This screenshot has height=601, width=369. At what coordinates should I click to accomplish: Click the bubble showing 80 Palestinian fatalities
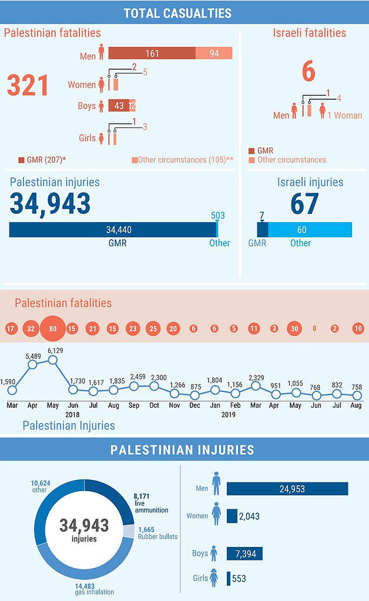(x=52, y=329)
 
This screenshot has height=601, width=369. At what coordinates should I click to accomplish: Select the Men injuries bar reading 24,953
(x=287, y=489)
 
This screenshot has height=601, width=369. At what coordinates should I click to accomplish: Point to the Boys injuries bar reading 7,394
(x=244, y=553)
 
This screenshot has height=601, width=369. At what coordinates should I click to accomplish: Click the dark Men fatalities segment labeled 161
(x=152, y=53)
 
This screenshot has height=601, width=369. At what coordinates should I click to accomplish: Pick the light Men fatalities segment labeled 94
(x=214, y=53)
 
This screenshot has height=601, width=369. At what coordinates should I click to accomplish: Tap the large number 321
(x=28, y=85)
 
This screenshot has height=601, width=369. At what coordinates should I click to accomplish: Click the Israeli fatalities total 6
(x=308, y=72)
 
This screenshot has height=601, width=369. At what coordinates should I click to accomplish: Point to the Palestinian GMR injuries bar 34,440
(x=113, y=230)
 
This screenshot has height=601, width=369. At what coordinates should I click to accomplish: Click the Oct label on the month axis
(x=154, y=405)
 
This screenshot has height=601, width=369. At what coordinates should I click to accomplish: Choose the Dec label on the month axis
(x=194, y=405)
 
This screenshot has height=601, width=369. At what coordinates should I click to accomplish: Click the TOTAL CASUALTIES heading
(x=177, y=13)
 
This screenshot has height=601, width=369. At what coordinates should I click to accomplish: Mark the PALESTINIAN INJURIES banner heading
(x=182, y=450)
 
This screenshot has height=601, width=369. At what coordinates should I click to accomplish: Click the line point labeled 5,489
(x=32, y=364)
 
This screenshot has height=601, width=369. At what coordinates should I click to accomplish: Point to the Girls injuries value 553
(x=239, y=579)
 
